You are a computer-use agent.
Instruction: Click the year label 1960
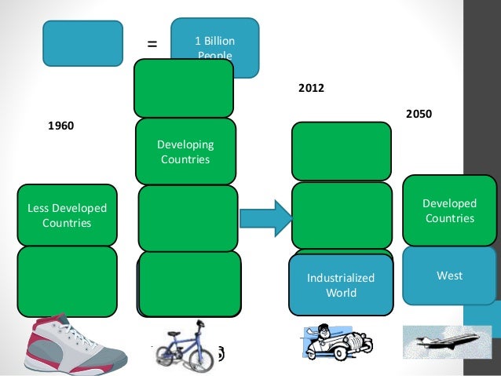coord(61,125)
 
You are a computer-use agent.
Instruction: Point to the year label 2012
coord(311,89)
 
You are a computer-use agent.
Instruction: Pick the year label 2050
coord(419,114)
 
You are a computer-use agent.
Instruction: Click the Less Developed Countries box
coord(67,215)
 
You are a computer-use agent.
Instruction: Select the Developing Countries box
coord(185,151)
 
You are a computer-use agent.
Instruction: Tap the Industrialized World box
coord(341,285)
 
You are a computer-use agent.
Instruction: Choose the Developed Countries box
coord(450,210)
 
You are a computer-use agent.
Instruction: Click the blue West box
coord(450,276)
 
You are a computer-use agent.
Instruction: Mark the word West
coord(450,276)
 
